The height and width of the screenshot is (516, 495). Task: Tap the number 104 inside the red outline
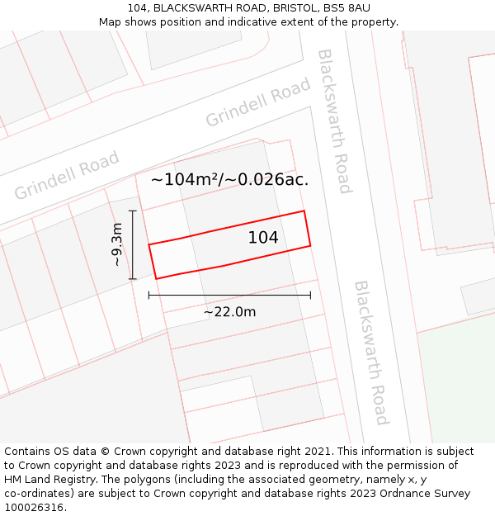263,238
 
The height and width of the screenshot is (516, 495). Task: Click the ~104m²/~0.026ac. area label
229,179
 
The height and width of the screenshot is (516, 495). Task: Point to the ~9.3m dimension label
117,245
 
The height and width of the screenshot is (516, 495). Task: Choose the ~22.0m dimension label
229,311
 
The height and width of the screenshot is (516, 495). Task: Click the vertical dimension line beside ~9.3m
132,245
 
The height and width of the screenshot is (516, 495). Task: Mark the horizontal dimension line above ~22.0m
229,295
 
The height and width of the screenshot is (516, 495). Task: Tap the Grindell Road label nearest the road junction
257,102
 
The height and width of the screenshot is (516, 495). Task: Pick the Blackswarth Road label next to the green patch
371,353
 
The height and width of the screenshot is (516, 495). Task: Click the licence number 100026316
32,508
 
